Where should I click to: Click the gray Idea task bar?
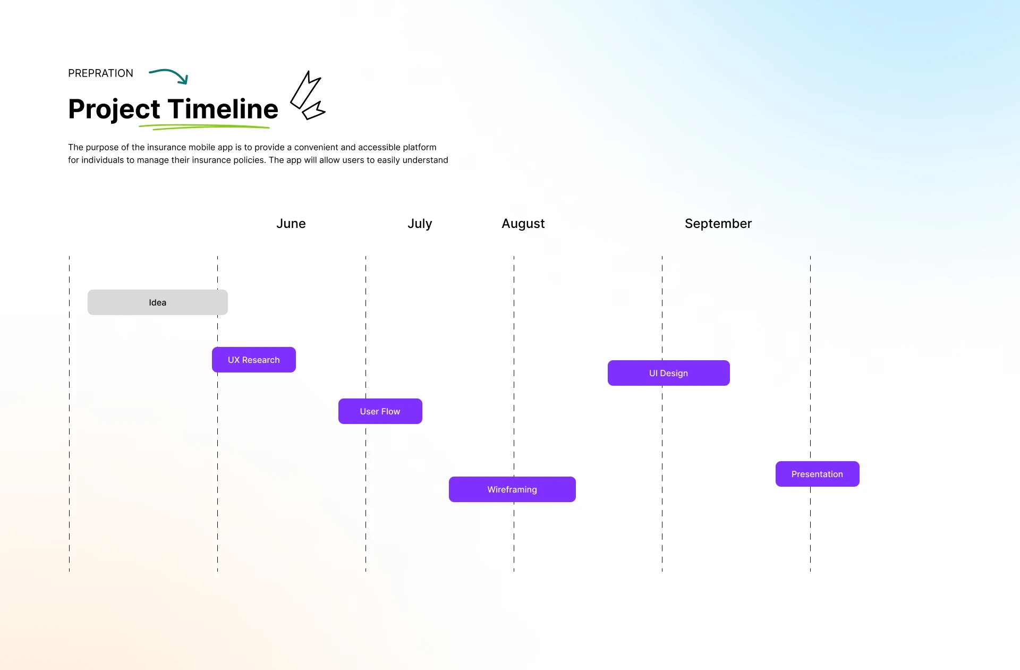point(158,302)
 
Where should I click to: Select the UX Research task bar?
point(254,360)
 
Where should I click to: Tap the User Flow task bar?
point(380,411)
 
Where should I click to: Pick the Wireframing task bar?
point(512,489)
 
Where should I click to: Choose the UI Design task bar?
point(669,373)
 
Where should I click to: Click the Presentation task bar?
point(818,474)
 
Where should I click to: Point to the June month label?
point(291,224)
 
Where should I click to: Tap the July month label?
point(420,224)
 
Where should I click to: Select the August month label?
point(523,224)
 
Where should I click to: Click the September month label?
point(718,224)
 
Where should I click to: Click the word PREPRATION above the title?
point(100,73)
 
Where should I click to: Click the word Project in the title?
point(114,110)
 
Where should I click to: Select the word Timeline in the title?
point(223,109)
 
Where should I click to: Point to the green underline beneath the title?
point(205,127)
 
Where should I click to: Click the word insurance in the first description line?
point(166,147)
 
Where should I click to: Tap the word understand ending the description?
point(425,160)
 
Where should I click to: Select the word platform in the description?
point(420,148)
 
